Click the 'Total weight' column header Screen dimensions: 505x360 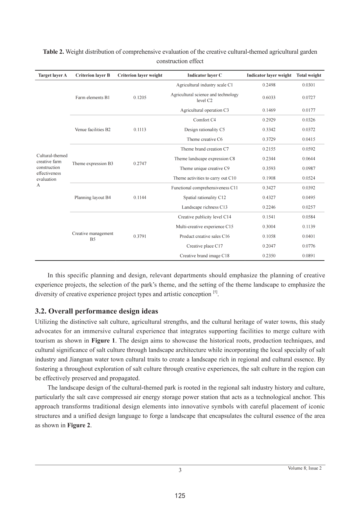click(x=309, y=75)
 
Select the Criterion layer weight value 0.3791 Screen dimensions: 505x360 click(x=140, y=236)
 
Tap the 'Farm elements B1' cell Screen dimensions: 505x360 click(x=92, y=98)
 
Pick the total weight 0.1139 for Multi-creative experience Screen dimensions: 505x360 click(x=309, y=227)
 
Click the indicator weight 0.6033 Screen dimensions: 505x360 click(x=269, y=98)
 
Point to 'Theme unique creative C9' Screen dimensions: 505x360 click(x=205, y=168)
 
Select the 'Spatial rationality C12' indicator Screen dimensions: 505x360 click(x=205, y=197)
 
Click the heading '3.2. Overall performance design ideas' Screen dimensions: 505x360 click(x=96, y=311)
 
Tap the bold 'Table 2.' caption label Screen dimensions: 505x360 click(x=53, y=52)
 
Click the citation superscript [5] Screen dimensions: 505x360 click(x=215, y=292)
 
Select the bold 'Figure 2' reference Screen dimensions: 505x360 click(x=79, y=425)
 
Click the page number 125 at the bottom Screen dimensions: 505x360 click(x=180, y=496)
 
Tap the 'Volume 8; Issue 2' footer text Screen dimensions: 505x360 click(x=304, y=468)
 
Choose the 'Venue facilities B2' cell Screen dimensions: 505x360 click(x=92, y=130)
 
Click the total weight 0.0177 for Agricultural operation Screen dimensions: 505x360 click(x=309, y=110)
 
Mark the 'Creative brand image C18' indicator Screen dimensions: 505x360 click(x=205, y=256)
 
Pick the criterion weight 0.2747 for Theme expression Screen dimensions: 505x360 click(x=140, y=164)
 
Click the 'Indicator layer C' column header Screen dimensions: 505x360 click(x=205, y=75)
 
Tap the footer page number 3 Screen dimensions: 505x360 click(x=180, y=470)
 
